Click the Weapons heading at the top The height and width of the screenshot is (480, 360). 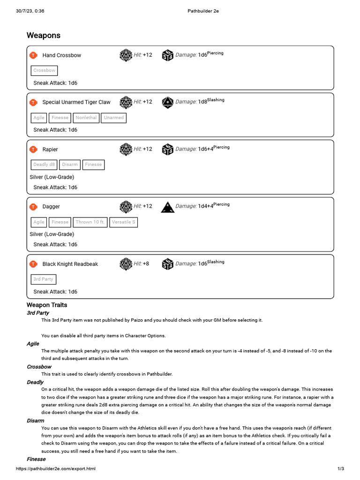(x=44, y=36)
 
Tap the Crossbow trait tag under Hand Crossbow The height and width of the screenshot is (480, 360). (x=44, y=70)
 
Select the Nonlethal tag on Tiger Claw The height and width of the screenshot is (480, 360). (x=86, y=118)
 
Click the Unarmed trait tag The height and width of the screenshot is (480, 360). (x=113, y=118)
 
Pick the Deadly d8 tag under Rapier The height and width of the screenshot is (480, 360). (x=44, y=165)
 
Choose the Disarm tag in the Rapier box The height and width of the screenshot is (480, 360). (x=70, y=165)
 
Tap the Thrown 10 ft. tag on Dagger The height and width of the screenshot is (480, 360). (x=90, y=222)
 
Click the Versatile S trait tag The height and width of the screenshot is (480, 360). (x=124, y=222)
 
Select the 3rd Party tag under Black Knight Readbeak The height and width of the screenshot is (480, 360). (x=43, y=279)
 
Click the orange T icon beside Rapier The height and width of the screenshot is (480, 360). (x=33, y=150)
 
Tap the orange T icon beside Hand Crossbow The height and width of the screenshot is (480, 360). (x=33, y=55)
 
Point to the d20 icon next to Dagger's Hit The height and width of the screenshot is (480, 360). (x=126, y=206)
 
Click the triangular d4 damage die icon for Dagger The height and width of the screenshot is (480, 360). (x=167, y=207)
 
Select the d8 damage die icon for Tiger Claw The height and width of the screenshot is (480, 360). (x=167, y=102)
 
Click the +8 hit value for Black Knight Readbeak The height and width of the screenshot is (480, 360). (x=146, y=264)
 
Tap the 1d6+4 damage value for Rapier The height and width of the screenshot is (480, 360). (x=205, y=149)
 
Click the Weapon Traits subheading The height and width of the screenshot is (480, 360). (x=47, y=305)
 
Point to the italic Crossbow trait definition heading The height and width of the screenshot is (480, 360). (x=39, y=367)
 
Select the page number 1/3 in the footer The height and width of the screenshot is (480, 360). (x=341, y=469)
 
